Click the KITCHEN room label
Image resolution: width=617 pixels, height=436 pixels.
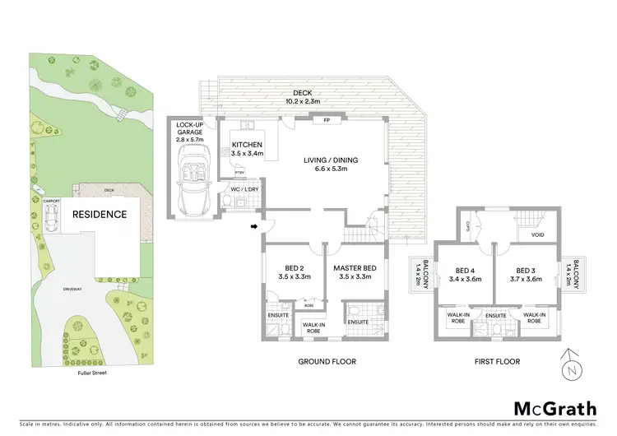tap(247, 148)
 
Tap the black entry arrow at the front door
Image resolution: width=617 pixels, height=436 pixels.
tap(254, 225)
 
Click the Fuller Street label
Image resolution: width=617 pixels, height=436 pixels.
tap(89, 373)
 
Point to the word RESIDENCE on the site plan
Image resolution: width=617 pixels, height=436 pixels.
tap(100, 215)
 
